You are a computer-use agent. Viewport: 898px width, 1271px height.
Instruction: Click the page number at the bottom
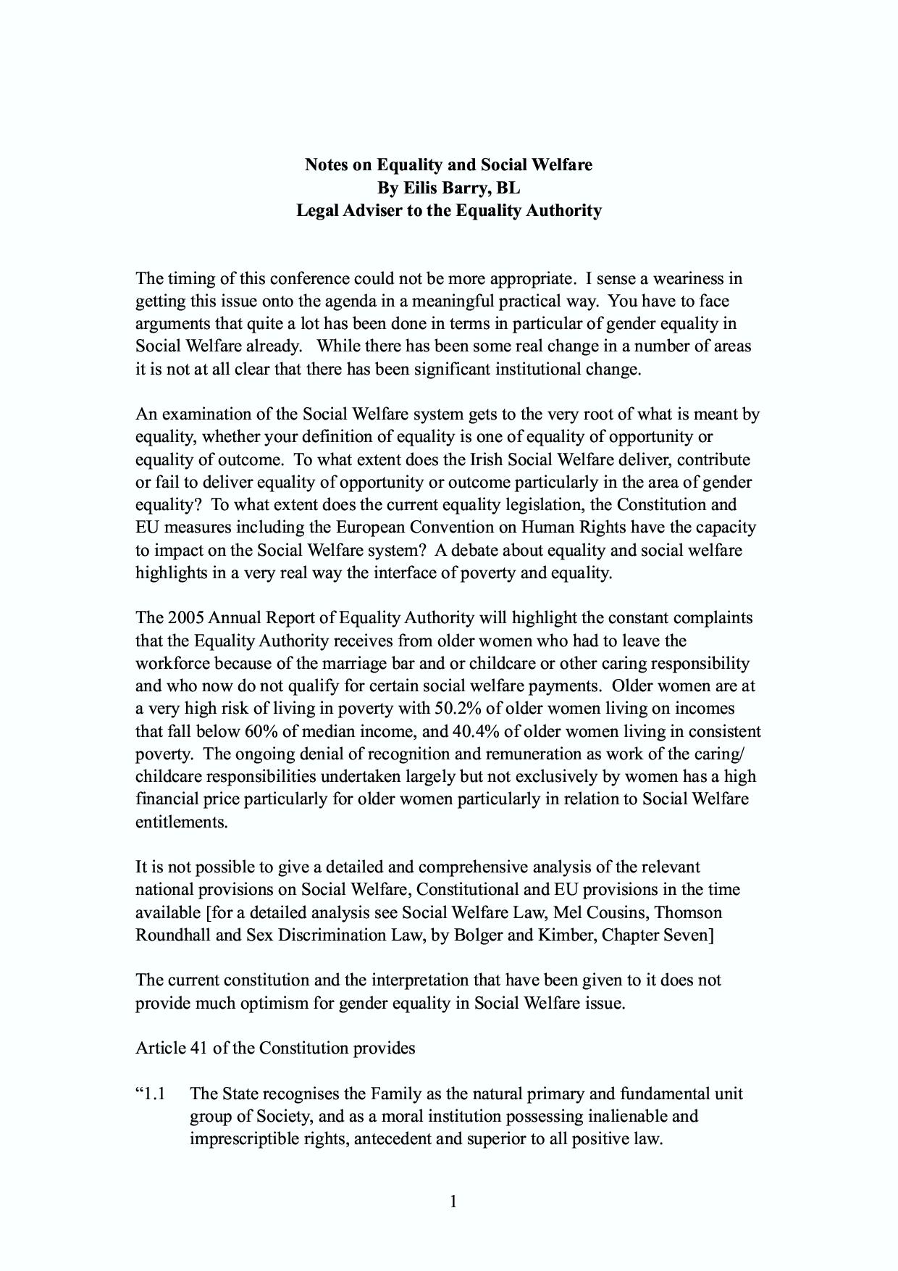pyautogui.click(x=453, y=1202)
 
